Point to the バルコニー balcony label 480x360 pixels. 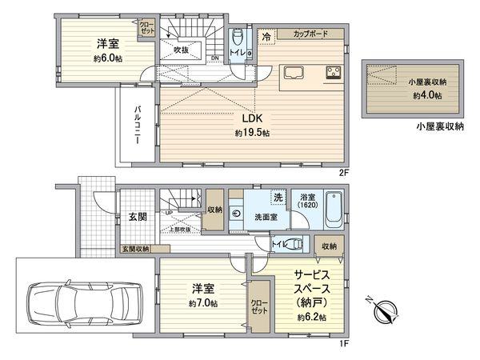137,126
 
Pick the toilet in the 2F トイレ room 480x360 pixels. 238,40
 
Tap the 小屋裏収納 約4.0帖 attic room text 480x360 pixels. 426,89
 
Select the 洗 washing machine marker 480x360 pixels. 277,198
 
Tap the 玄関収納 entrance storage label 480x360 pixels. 135,249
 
